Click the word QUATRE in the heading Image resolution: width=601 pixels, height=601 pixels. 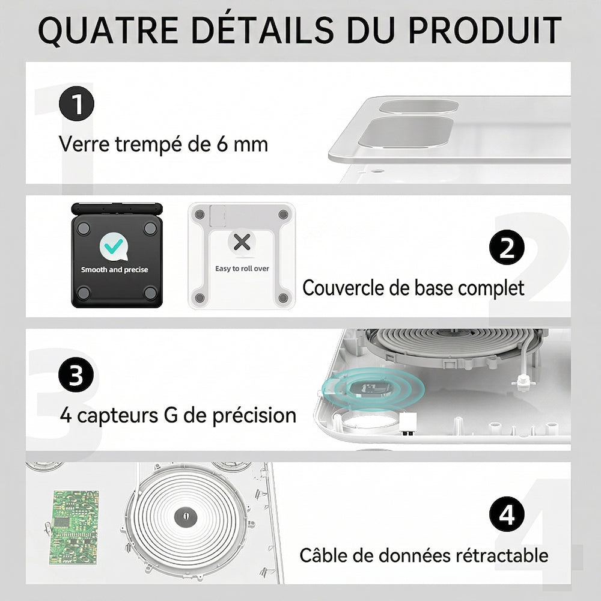tap(108, 31)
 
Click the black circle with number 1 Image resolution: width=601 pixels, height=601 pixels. tap(77, 103)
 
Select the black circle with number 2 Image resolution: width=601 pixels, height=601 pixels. tap(507, 247)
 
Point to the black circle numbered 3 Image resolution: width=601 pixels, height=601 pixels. tap(76, 374)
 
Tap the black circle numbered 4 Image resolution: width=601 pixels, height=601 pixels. tap(507, 514)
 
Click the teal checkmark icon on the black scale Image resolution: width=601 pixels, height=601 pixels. tap(114, 246)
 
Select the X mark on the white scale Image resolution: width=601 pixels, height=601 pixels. tap(242, 242)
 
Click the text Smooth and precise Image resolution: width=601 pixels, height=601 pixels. tap(114, 269)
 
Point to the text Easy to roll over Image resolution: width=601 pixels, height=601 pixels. tap(242, 269)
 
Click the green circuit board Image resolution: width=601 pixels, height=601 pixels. tap(74, 527)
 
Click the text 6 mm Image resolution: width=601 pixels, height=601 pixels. tap(242, 144)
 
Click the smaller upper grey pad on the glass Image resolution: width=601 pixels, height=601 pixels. tap(419, 106)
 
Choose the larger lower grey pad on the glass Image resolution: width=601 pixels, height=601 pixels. tap(406, 132)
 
